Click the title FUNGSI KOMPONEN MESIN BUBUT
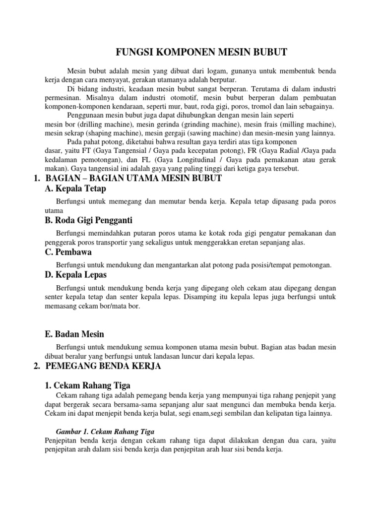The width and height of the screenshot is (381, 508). tap(201, 52)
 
